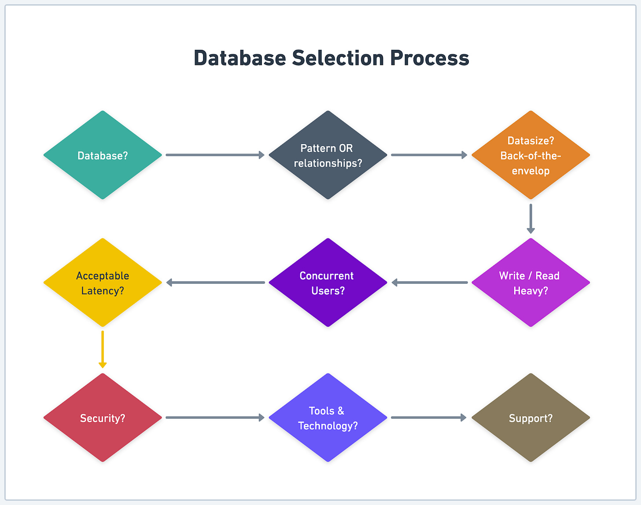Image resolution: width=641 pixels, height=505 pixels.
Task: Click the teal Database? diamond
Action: click(x=103, y=155)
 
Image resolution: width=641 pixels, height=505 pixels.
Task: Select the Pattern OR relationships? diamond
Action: click(x=328, y=155)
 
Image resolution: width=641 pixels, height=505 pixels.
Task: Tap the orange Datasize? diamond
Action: click(x=530, y=155)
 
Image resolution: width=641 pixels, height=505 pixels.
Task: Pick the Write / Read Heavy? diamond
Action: click(x=530, y=282)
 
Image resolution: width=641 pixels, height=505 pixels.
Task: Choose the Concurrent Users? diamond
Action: click(x=328, y=282)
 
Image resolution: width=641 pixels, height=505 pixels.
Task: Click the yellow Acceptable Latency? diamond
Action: click(x=103, y=282)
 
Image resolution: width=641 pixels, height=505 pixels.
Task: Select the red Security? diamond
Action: click(x=103, y=417)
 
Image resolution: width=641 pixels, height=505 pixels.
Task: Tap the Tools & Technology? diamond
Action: click(x=328, y=417)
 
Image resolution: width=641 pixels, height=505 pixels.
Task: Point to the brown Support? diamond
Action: click(x=530, y=417)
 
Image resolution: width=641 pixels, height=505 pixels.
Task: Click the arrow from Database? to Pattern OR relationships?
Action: click(x=215, y=155)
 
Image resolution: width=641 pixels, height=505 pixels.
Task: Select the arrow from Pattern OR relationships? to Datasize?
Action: click(x=429, y=155)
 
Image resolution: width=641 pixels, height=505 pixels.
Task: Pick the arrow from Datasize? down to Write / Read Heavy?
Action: click(x=530, y=218)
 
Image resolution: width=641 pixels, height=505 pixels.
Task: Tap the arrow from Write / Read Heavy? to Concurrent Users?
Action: click(x=430, y=282)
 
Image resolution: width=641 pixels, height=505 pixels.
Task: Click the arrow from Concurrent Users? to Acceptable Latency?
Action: click(x=216, y=282)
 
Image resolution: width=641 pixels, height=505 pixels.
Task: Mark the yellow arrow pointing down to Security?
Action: click(x=103, y=349)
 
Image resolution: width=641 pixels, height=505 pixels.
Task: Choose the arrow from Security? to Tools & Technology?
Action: click(x=215, y=417)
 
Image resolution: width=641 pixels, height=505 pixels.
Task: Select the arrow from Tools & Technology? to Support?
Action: click(x=428, y=417)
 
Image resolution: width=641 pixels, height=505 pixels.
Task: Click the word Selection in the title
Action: click(x=338, y=58)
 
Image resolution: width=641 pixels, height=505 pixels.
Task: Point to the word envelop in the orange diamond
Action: click(x=530, y=171)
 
